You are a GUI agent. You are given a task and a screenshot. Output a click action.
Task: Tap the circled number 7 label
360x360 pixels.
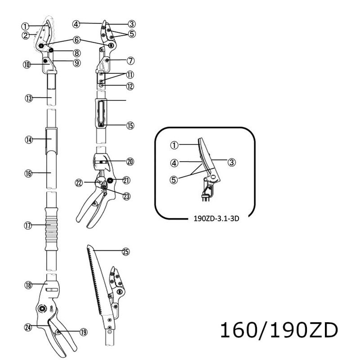pyautogui.click(x=130, y=60)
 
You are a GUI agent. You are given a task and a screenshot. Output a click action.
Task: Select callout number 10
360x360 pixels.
pyautogui.click(x=27, y=64)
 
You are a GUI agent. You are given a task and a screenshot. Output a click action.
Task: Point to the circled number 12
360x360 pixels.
pyautogui.click(x=130, y=85)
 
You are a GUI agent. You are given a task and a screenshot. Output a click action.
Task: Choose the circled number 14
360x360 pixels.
pyautogui.click(x=28, y=140)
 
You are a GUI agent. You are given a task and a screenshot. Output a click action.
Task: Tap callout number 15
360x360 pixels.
pyautogui.click(x=130, y=126)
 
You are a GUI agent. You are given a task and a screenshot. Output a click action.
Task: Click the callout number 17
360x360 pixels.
pyautogui.click(x=28, y=226)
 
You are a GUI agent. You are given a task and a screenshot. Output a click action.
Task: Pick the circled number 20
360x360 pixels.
pyautogui.click(x=130, y=161)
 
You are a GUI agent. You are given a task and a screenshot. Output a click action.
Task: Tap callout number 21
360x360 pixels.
pyautogui.click(x=126, y=180)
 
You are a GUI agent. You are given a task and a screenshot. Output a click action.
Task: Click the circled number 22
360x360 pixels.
pyautogui.click(x=79, y=183)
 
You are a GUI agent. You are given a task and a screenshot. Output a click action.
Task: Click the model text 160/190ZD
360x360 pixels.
pyautogui.click(x=278, y=331)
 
